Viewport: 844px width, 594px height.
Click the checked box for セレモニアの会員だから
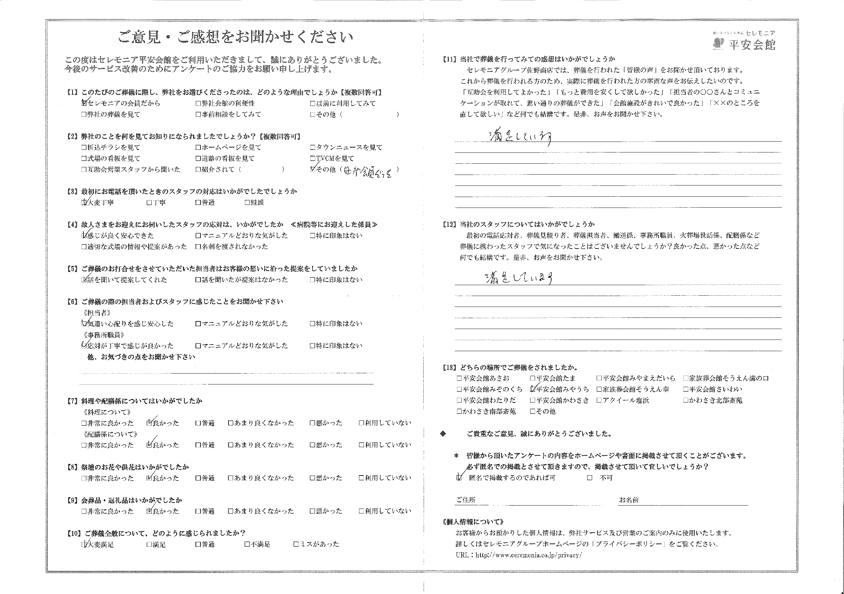(84, 103)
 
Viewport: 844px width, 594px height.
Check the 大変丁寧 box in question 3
(84, 202)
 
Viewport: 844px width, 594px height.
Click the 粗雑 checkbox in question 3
(247, 202)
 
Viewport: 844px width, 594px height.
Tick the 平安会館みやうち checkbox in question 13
(533, 389)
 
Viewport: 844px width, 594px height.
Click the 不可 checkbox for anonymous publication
(589, 478)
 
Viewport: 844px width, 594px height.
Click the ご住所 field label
(466, 499)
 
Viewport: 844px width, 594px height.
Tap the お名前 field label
(629, 499)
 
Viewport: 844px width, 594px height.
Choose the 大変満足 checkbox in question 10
(84, 544)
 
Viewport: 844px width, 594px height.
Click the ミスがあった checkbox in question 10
(296, 544)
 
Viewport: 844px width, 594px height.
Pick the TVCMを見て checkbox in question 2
(313, 159)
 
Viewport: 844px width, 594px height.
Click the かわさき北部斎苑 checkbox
(685, 400)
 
